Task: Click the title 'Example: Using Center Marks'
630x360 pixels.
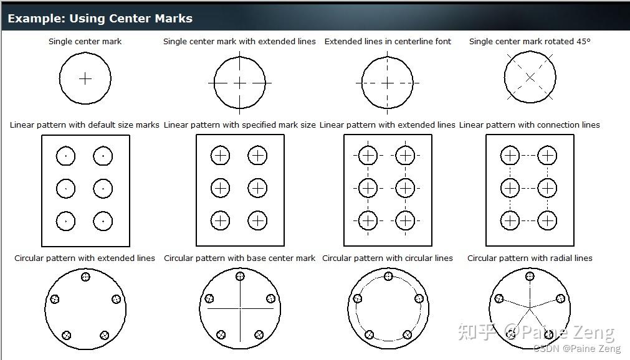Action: [100, 18]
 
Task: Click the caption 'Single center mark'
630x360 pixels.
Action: [85, 41]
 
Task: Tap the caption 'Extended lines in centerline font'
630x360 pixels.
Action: [388, 41]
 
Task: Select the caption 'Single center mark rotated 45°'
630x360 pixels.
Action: [530, 41]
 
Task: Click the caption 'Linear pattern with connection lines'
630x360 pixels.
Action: [529, 125]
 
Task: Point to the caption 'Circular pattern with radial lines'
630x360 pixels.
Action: [530, 258]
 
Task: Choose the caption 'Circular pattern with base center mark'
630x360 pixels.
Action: [239, 258]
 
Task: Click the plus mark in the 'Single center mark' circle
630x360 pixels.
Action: [85, 79]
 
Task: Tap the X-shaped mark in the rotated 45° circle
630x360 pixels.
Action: [530, 77]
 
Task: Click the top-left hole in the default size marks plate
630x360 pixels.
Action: [65, 156]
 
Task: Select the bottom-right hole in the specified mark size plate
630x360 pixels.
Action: [257, 220]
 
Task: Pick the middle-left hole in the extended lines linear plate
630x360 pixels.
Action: [368, 187]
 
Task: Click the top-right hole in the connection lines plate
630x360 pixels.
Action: [547, 155]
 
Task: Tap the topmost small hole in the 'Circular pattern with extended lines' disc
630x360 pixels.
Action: [85, 277]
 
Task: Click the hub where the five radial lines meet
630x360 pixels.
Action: [530, 308]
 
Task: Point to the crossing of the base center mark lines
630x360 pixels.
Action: [240, 308]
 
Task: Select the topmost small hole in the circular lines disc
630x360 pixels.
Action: [388, 277]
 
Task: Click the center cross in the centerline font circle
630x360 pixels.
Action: [388, 83]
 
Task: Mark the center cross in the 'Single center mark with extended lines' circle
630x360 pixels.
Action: [240, 83]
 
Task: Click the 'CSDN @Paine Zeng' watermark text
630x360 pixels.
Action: [568, 349]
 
